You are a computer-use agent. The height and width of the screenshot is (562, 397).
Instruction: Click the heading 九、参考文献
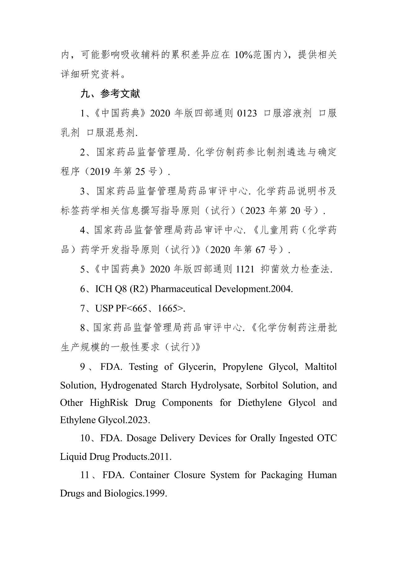pos(110,93)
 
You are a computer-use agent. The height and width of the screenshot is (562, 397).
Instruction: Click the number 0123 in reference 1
pos(247,113)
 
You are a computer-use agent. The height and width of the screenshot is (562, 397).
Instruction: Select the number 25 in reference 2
pos(140,171)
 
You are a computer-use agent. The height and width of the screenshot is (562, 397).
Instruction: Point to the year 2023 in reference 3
pos(256,211)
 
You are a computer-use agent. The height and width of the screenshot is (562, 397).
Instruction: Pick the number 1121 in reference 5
pos(245,269)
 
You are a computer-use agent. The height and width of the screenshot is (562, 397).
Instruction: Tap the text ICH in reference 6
pos(104,289)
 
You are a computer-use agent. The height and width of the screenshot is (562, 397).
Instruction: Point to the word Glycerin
pos(196,367)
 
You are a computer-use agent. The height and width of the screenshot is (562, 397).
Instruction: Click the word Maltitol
pos(321,367)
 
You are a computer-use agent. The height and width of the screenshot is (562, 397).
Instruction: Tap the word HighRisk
pos(109,403)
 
